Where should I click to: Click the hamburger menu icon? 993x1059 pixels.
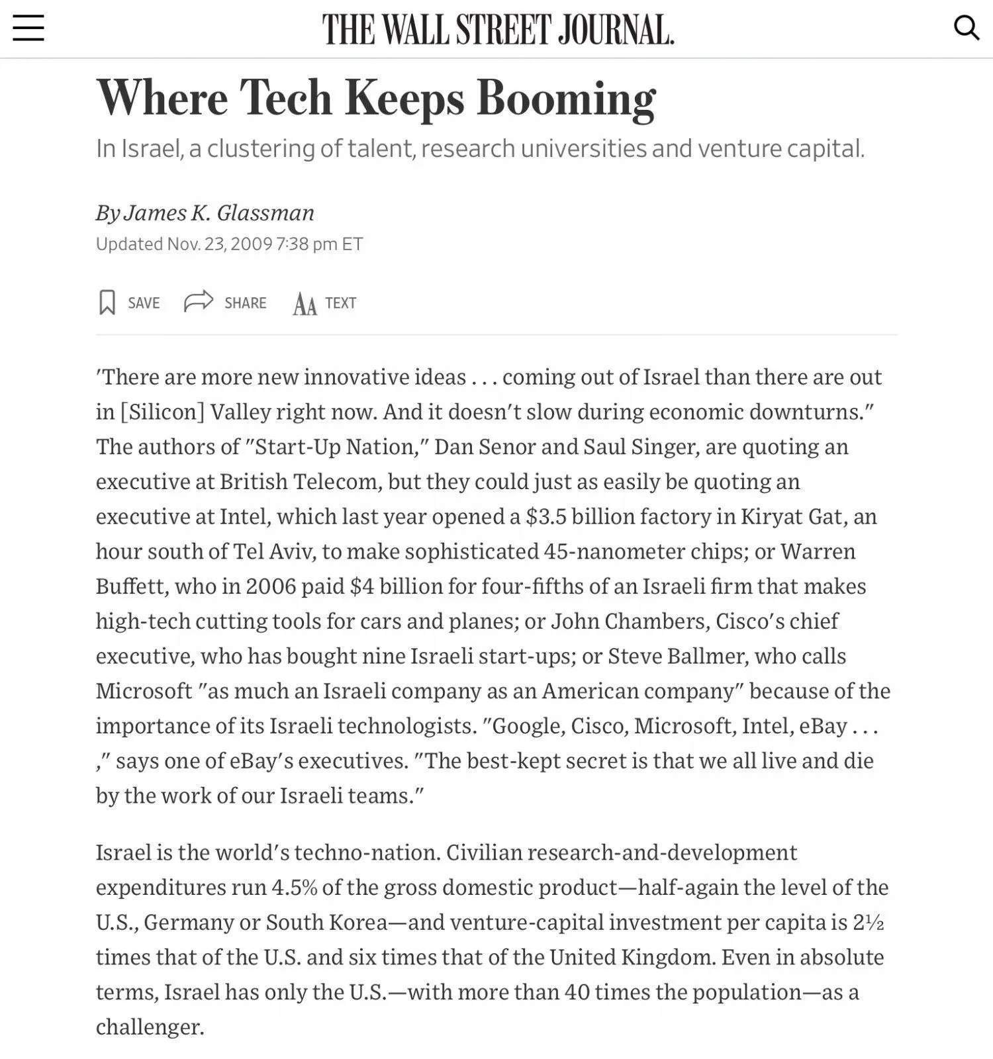(x=28, y=28)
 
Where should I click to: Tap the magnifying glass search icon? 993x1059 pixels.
(x=966, y=28)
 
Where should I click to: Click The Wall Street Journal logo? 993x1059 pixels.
(x=498, y=30)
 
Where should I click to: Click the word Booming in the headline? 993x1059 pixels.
(x=566, y=99)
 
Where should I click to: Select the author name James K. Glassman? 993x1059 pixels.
(x=218, y=212)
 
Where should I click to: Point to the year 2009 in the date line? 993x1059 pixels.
(x=252, y=244)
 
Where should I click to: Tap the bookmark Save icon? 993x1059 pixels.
(x=107, y=302)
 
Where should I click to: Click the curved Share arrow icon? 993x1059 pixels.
(x=199, y=301)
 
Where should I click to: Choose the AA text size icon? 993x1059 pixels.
(x=305, y=304)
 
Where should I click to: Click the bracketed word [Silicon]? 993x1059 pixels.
(x=163, y=412)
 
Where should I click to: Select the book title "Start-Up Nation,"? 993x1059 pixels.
(x=338, y=447)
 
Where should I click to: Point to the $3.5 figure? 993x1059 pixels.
(x=546, y=516)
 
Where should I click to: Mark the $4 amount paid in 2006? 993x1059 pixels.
(x=362, y=586)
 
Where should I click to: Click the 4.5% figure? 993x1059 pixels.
(x=295, y=888)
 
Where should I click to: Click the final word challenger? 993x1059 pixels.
(x=149, y=1027)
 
